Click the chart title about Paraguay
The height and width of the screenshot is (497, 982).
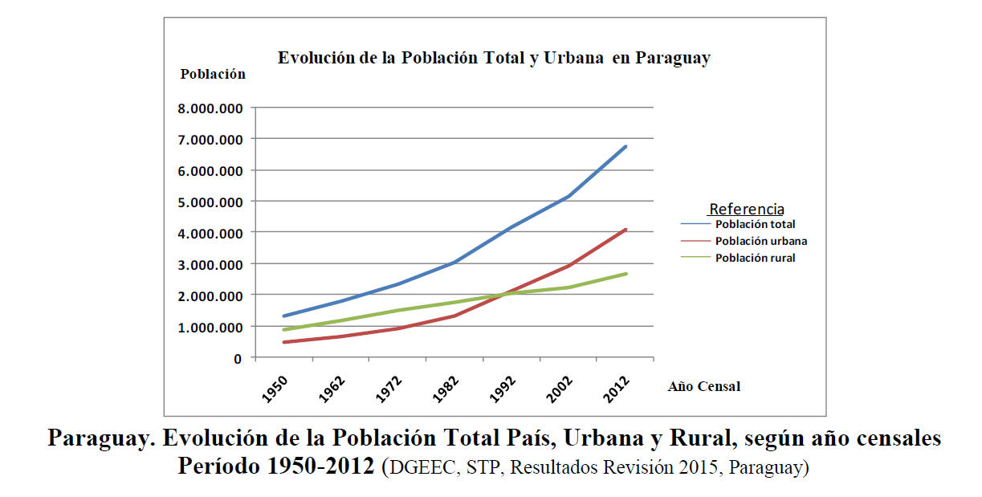[494, 59]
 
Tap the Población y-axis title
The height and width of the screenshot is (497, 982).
[213, 74]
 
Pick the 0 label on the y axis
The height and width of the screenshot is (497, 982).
[238, 358]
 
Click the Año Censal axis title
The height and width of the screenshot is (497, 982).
[703, 387]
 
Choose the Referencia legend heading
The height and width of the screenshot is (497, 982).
[746, 210]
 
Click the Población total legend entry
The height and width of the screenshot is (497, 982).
[755, 225]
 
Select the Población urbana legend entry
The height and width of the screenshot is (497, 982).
[760, 241]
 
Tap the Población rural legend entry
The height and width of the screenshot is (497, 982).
[755, 258]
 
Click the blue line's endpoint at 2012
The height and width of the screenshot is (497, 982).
[625, 146]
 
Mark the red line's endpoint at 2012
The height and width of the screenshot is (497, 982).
[625, 230]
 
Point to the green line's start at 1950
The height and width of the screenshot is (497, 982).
[283, 330]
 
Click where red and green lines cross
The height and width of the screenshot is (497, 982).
[503, 294]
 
